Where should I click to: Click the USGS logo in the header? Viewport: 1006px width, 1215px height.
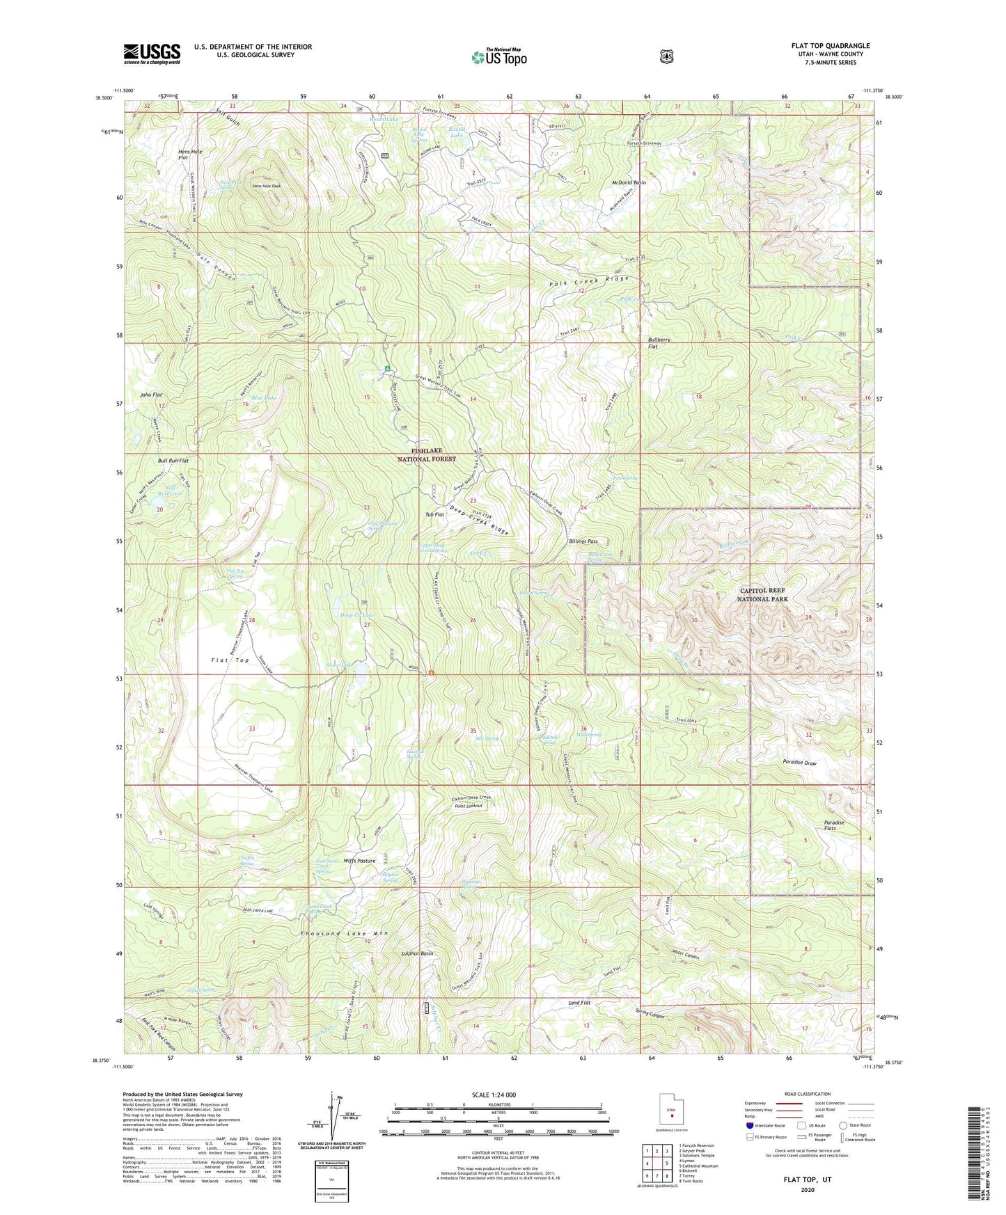[x=152, y=54]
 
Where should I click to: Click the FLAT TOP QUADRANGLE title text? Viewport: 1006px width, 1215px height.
[x=830, y=46]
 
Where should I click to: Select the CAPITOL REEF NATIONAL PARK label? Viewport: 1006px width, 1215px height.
[x=763, y=594]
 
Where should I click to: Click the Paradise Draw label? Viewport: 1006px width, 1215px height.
[x=799, y=763]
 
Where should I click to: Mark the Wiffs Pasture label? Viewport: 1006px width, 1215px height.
[x=359, y=861]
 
